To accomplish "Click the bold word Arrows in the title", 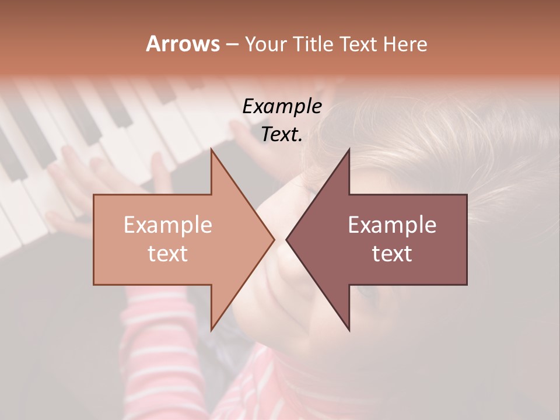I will pos(183,44).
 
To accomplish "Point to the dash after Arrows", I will pos(232,44).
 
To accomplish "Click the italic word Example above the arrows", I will pos(282,107).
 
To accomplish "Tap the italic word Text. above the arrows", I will pos(282,135).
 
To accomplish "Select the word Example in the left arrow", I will pos(168,225).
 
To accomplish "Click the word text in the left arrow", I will pos(168,254).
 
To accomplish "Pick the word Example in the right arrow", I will pos(392,225).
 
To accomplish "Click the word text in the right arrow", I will pos(392,254).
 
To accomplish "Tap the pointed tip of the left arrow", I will pos(274,239).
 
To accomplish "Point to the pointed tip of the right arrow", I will pos(286,239).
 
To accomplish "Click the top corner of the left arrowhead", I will pos(211,149).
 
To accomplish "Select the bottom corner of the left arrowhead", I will pos(211,330).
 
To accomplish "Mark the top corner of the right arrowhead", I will pos(349,149).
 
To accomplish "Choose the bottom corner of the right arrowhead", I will pos(349,330).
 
